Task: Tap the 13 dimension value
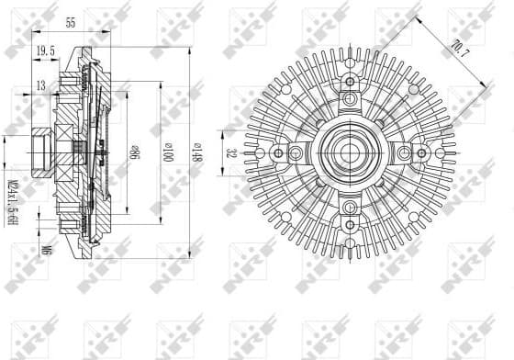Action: point(41,86)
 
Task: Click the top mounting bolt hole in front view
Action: point(350,97)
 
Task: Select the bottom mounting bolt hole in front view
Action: point(350,209)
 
